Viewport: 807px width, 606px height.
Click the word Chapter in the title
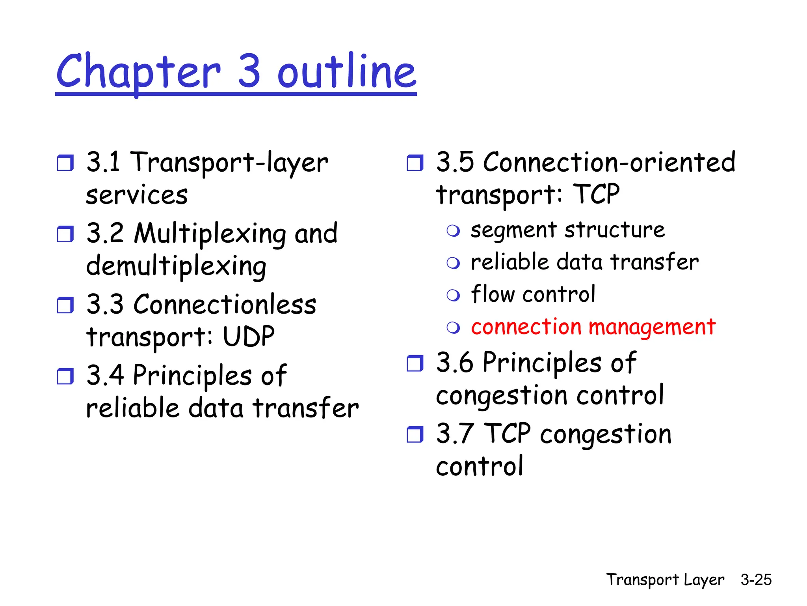[x=138, y=71]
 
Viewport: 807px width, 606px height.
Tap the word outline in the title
[x=347, y=71]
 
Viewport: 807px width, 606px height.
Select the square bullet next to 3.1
[x=65, y=163]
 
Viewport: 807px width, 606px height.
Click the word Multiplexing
[x=210, y=234]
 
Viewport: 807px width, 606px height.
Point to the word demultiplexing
[x=176, y=266]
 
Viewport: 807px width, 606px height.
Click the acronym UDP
[x=248, y=337]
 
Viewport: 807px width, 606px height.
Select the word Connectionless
[x=225, y=305]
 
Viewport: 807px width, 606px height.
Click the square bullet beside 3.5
[x=415, y=163]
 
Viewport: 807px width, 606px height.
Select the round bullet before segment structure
[x=453, y=231]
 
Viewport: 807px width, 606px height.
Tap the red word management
[x=652, y=327]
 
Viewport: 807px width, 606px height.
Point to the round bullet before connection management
[x=453, y=327]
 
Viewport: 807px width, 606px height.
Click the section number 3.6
[x=455, y=363]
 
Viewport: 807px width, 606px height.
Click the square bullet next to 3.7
[x=415, y=434]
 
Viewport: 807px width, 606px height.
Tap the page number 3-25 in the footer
[x=756, y=580]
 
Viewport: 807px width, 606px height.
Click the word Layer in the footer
[x=704, y=580]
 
